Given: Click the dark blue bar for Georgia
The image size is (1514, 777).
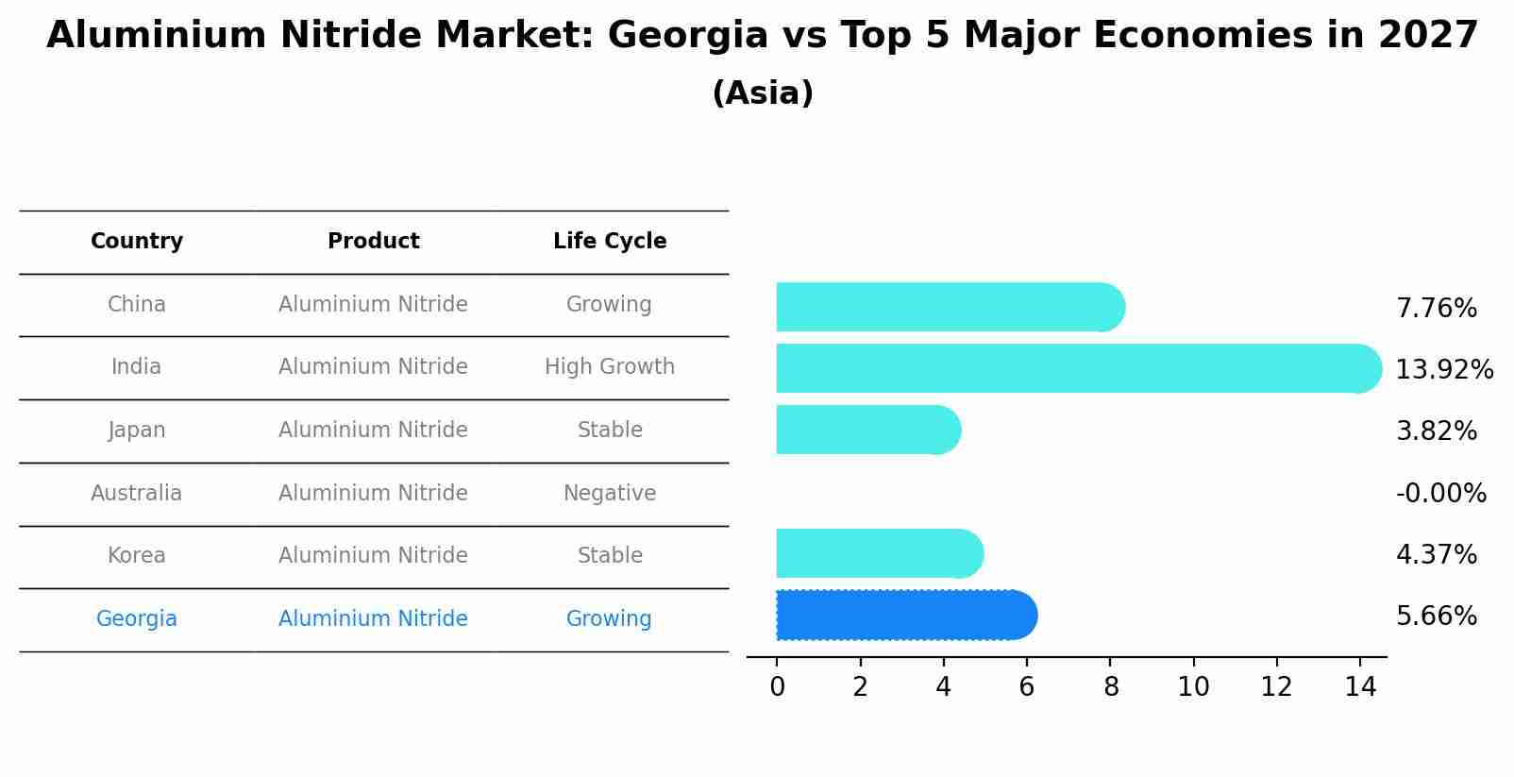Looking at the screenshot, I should click(x=906, y=616).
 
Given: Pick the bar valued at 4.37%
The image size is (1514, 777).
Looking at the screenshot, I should click(x=879, y=553).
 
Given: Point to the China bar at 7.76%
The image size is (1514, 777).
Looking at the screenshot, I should click(x=950, y=307).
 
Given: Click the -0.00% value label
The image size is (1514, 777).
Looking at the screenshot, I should click(x=1440, y=493).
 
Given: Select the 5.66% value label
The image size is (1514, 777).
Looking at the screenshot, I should click(x=1436, y=617).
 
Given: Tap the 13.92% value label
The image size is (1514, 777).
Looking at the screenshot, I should click(x=1443, y=369).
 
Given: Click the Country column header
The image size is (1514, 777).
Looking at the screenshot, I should click(x=137, y=242).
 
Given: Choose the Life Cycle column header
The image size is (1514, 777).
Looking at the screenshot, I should click(x=610, y=242).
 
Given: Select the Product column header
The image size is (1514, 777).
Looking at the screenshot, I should click(x=373, y=242).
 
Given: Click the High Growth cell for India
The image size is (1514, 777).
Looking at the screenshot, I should click(x=610, y=367).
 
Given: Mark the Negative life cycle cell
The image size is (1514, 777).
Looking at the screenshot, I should click(x=610, y=493).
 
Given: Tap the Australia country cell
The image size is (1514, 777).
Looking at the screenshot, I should click(x=137, y=493).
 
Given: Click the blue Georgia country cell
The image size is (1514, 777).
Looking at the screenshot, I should click(x=137, y=619).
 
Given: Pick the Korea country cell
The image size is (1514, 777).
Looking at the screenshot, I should click(x=137, y=556).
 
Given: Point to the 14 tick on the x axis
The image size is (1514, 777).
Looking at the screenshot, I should click(x=1360, y=686).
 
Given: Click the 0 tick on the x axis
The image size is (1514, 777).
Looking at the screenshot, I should click(x=777, y=686).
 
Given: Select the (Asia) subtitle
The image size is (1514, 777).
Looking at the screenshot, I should click(x=763, y=93).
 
